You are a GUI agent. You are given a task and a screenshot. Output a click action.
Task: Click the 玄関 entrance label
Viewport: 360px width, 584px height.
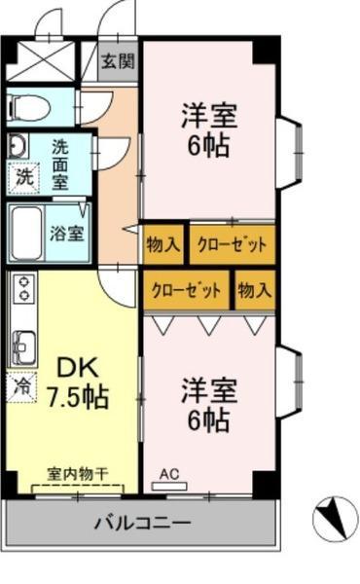point(118,61)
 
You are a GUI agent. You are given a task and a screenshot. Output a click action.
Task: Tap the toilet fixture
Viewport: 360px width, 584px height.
point(29,107)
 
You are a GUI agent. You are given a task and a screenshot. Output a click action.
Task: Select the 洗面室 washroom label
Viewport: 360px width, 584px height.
point(60,164)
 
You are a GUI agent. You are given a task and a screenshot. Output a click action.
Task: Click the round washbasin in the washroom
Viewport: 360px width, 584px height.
point(18,145)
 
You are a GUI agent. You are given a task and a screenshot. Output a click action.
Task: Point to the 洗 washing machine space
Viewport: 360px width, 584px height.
point(23,178)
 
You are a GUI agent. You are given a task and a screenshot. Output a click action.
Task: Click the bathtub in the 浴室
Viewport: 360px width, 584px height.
point(26,234)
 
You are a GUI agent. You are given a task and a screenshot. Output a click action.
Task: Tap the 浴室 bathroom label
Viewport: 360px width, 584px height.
point(67,234)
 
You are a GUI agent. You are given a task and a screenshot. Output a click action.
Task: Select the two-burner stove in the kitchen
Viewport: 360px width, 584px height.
point(24,287)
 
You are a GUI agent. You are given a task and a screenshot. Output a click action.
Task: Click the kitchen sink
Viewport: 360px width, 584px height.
point(24,347)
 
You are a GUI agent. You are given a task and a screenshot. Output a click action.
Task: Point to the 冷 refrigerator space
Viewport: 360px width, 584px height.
point(21,387)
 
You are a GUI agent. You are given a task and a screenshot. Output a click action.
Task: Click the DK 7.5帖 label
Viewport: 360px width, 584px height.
point(77,383)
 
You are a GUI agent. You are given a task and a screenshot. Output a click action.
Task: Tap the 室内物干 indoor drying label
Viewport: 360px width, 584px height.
point(78,475)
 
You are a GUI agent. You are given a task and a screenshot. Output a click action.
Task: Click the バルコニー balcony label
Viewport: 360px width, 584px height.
point(142,523)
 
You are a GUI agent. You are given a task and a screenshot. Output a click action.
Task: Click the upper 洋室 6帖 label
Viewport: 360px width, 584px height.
point(209,130)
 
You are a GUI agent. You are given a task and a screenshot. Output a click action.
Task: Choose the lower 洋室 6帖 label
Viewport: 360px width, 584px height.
point(209,405)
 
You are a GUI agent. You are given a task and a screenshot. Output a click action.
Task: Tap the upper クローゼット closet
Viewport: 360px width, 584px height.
point(233,244)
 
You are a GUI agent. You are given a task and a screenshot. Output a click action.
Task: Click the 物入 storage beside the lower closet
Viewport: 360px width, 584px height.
point(255,289)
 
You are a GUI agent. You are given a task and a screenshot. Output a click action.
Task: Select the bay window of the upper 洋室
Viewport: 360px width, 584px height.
point(289,153)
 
